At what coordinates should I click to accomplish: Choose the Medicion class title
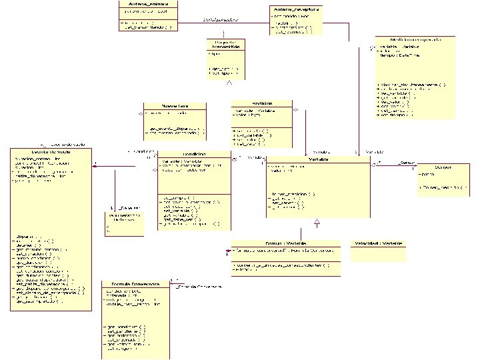(261, 103)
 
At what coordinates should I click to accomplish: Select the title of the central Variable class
(317, 159)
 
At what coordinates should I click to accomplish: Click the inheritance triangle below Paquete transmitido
(229, 83)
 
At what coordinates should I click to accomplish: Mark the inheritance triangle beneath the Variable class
(317, 220)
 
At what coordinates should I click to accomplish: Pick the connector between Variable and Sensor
(393, 165)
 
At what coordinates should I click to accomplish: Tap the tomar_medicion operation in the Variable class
(293, 193)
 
